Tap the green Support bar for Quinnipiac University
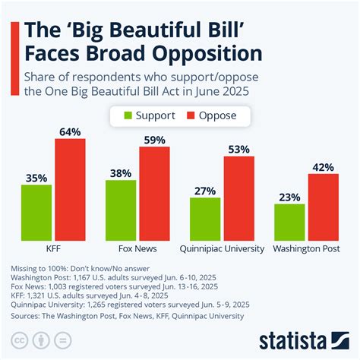pos(205,219)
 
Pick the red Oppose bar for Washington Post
pos(323,207)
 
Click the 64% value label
pos(70,131)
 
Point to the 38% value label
pos(121,172)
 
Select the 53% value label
pos(238,149)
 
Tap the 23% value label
pos(289,196)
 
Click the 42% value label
pos(323,166)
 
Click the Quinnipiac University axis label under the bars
pos(222,248)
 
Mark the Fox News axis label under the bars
pos(137,248)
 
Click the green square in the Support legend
pos(130,116)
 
